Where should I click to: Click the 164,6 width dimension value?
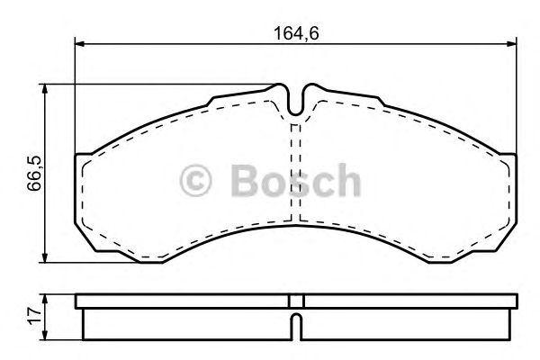coord(297,33)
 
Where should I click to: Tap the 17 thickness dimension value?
coord(33,314)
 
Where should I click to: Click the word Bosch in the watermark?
coord(293,182)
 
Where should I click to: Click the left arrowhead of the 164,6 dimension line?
coord(78,42)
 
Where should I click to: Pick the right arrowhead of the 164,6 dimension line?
coord(512,42)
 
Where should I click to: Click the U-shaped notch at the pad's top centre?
coord(296,101)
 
